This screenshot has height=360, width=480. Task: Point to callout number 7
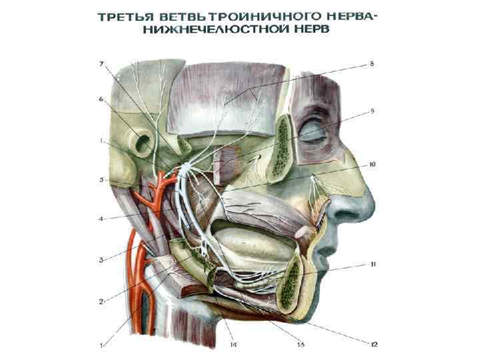coord(101,64)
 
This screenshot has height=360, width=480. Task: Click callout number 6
coord(101,99)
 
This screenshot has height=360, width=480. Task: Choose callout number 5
coord(101,179)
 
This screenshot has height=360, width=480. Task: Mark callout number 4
coord(101,219)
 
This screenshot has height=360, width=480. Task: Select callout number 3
coord(101,259)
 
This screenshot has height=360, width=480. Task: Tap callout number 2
coord(101,301)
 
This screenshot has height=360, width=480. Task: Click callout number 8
coord(372,64)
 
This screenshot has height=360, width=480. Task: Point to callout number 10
coord(372,163)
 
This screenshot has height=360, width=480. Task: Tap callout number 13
coord(301,344)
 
